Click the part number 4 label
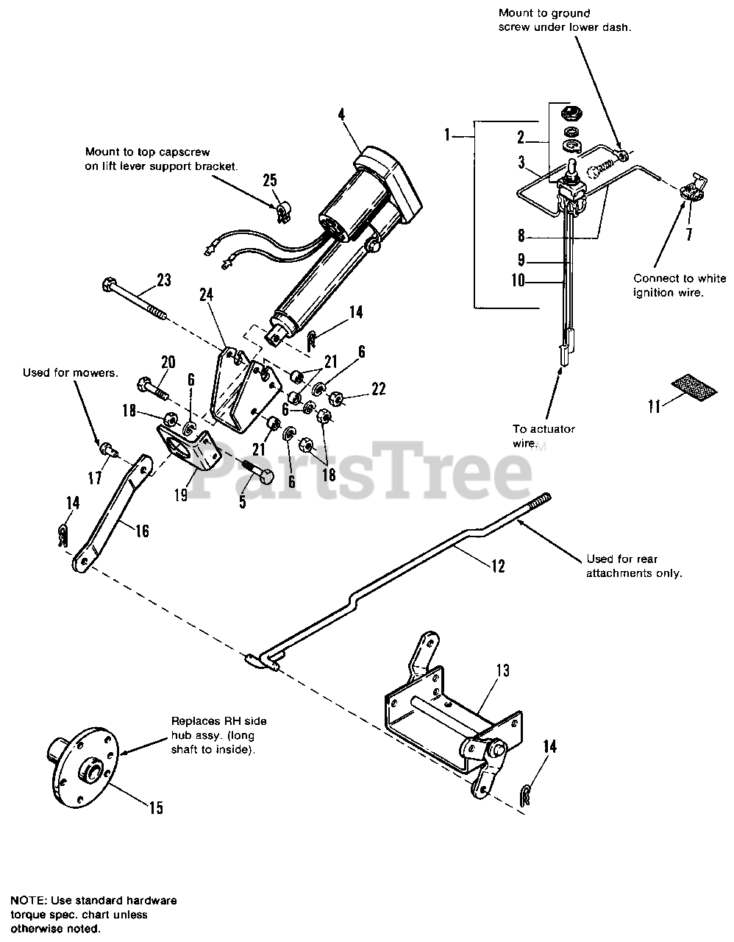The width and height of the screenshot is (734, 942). (x=341, y=115)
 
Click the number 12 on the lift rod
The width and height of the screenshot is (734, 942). (x=499, y=566)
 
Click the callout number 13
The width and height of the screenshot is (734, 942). (x=502, y=670)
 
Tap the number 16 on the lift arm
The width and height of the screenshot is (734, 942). (x=142, y=530)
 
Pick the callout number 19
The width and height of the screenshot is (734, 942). (x=181, y=495)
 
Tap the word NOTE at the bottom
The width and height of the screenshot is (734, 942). (x=27, y=900)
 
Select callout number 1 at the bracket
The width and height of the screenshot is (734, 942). (x=447, y=136)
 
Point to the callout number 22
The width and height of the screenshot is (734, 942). (x=378, y=389)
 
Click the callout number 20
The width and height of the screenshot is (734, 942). (x=168, y=362)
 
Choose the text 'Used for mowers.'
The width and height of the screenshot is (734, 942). (x=69, y=372)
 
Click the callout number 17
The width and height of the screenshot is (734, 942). (x=95, y=478)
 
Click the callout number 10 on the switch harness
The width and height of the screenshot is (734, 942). (x=518, y=280)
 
